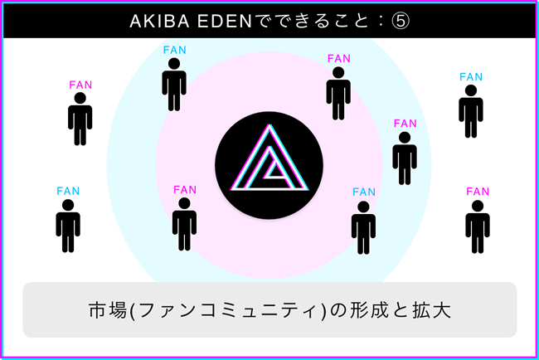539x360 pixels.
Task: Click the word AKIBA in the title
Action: [153, 22]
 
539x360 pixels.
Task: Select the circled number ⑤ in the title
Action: [400, 22]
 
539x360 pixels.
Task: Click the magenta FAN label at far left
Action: [80, 85]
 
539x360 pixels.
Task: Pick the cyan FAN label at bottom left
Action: [68, 192]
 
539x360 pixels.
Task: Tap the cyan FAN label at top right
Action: [471, 77]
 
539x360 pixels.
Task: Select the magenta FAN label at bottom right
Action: [478, 192]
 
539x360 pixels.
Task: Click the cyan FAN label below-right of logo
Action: [364, 192]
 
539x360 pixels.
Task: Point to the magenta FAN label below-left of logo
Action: [185, 190]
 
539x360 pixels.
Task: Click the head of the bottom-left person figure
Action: [68, 205]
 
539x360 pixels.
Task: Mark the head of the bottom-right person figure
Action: [478, 205]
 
